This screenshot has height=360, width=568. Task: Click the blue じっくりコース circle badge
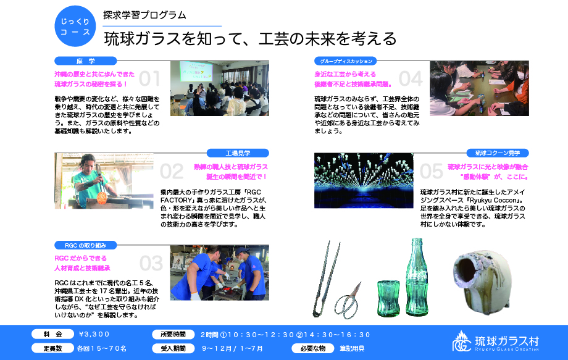[75, 26]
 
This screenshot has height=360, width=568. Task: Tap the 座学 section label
[85, 61]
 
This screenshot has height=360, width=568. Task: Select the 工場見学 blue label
[238, 153]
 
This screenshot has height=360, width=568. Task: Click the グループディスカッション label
[346, 61]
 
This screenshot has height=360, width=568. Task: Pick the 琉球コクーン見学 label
[498, 153]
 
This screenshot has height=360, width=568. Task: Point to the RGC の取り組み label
[85, 245]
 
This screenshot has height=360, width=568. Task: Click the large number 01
[149, 78]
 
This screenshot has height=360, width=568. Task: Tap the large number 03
[151, 263]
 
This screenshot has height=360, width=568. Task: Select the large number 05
[432, 171]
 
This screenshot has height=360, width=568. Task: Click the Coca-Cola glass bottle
[417, 277]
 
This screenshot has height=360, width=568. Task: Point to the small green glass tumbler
[388, 298]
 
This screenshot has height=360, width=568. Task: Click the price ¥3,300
[94, 334]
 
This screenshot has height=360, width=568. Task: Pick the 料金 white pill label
[53, 334]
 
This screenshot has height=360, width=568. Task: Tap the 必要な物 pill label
[313, 348]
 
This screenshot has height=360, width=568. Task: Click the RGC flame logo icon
[462, 341]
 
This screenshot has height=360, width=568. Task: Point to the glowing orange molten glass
[102, 197]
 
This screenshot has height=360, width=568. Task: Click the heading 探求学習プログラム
[144, 15]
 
